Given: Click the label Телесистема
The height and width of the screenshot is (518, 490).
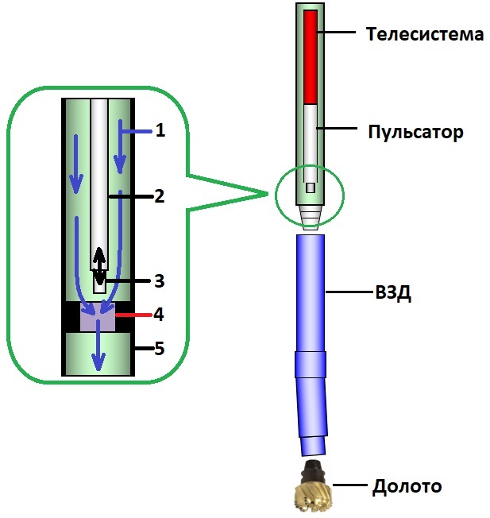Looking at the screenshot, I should pos(425,34).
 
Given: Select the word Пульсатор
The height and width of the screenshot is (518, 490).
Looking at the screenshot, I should pos(415,130).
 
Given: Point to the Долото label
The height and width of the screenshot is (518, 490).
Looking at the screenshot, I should pos(407,485).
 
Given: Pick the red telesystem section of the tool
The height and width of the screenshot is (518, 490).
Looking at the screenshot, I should pos(311,56).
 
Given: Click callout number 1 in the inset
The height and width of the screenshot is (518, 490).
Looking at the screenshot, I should pos(160,129).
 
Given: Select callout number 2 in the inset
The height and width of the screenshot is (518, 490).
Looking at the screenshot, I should pos(160,195).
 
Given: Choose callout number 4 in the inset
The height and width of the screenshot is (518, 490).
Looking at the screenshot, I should pos(159,315).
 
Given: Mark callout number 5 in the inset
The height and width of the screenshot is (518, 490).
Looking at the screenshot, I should pos(160,347).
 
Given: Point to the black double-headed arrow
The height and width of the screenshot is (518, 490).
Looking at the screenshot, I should pos(99,266).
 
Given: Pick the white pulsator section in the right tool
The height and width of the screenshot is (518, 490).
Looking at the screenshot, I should pos(311,135).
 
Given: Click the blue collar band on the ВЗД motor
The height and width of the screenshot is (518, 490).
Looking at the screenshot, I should pos(311,364).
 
